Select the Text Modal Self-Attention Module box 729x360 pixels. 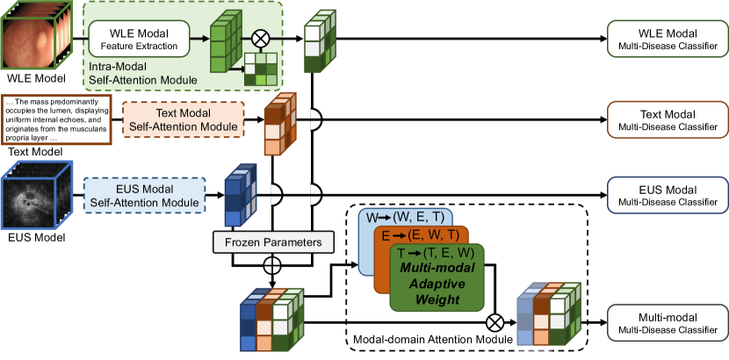[x=182, y=120]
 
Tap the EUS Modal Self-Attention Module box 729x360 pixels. [x=144, y=195]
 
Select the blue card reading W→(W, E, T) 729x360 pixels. [x=405, y=217]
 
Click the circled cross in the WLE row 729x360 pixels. [x=259, y=39]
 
